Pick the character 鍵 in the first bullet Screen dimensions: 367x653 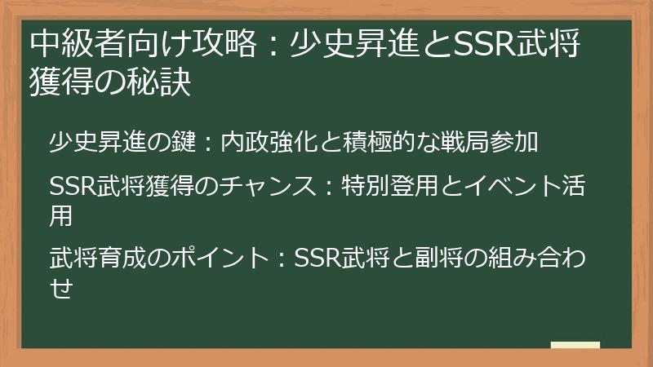click(184, 144)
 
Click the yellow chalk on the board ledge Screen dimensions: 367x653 click(575, 346)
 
